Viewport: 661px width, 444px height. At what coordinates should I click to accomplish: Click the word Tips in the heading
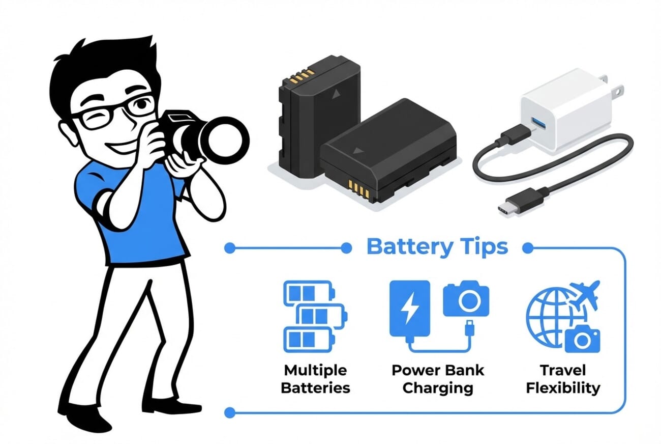pyautogui.click(x=482, y=247)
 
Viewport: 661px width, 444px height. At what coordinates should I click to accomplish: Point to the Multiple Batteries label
pyautogui.click(x=315, y=379)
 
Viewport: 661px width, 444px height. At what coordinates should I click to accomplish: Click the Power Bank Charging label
pyautogui.click(x=437, y=379)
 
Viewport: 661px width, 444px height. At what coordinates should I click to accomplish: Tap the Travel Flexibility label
pyautogui.click(x=563, y=379)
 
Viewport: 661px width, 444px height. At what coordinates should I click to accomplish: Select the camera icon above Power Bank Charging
pyautogui.click(x=466, y=300)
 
